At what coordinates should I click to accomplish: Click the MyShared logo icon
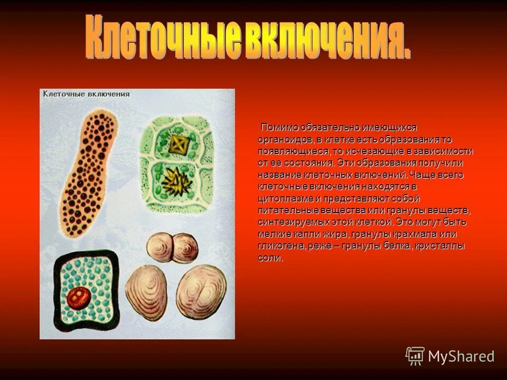tap(415, 356)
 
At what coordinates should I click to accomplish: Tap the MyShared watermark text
tap(461, 356)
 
